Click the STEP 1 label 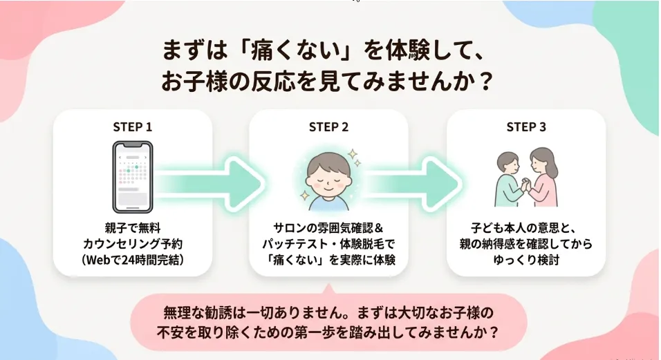(132, 126)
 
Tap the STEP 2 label (329, 126)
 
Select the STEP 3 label (526, 126)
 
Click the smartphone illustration (132, 178)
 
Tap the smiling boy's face (329, 177)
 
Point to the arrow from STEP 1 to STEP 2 (210, 184)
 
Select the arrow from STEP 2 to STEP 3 (411, 184)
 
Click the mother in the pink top (543, 177)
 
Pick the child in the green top (510, 179)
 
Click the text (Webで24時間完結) (132, 260)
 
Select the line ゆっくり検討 (526, 260)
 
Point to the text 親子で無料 (132, 228)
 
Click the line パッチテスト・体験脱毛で (329, 244)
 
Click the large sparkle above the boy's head (352, 153)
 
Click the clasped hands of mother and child (524, 184)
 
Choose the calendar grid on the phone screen (132, 173)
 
